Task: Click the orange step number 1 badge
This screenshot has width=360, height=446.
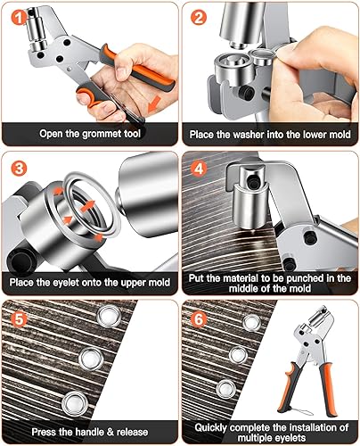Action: pos(20,18)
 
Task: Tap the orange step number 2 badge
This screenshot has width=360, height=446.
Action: pos(199,17)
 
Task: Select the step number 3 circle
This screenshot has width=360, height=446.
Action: pos(19,169)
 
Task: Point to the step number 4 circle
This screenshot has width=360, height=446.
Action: pos(199,169)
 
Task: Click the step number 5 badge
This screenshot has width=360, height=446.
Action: pos(19,319)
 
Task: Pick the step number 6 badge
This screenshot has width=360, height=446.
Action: pos(199,319)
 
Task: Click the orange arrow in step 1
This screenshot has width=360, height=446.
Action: pos(154,104)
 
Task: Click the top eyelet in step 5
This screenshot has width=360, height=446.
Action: pos(110,316)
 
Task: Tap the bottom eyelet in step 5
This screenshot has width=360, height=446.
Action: pos(75,403)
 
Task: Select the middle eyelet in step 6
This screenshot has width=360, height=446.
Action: pos(238,355)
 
